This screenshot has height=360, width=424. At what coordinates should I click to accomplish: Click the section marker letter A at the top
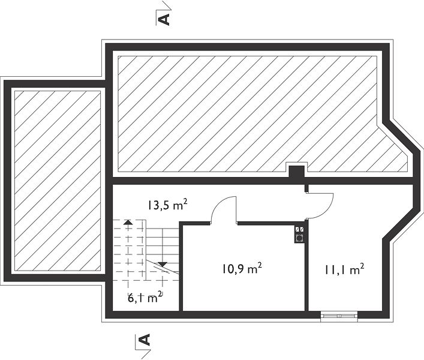pos(164,20)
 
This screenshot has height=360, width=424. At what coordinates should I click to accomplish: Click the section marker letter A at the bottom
pos(144,340)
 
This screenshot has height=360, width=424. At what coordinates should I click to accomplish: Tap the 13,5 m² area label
pos(167,205)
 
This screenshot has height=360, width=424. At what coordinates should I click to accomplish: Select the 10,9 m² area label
pos(242,269)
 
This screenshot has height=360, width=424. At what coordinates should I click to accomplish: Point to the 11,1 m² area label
pos(344,269)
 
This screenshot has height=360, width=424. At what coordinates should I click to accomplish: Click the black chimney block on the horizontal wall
pos(297,172)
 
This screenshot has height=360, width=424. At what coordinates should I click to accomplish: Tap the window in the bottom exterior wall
pos(339,316)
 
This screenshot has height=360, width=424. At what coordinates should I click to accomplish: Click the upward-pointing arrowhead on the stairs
pos(128,223)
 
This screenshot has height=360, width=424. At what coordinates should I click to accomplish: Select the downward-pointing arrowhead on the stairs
pos(163,264)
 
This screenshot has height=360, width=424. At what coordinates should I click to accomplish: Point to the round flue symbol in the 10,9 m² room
pos(299,238)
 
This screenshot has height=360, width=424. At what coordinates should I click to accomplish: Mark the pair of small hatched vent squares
pos(300,229)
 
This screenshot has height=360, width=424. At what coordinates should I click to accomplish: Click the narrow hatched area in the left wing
pos(58,181)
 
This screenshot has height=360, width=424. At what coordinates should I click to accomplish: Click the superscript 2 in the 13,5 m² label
pos(185,202)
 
